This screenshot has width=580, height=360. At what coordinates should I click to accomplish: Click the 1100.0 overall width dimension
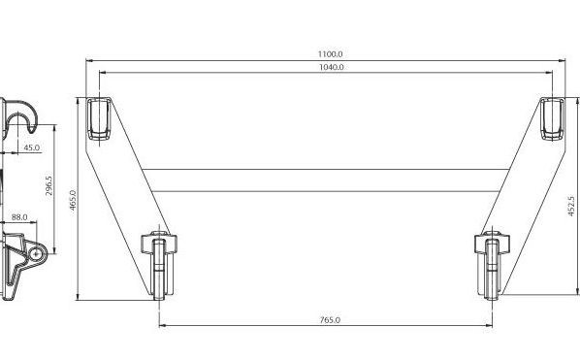(x=331, y=54)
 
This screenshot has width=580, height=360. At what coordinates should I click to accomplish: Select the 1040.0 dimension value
(x=331, y=67)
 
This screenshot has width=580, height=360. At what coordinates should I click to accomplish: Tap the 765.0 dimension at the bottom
(x=330, y=320)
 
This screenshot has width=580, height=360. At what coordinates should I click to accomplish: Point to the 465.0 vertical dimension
(x=73, y=201)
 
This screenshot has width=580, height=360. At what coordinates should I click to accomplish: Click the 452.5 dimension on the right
(x=572, y=206)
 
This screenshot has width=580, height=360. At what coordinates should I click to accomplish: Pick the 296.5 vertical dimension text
(x=48, y=185)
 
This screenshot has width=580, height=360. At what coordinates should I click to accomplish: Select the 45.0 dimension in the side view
(x=32, y=147)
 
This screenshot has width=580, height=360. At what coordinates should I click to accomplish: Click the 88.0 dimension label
(x=19, y=217)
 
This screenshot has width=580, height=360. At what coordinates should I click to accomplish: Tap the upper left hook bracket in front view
(x=99, y=119)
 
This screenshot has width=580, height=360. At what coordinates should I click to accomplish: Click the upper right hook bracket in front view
(x=553, y=119)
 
